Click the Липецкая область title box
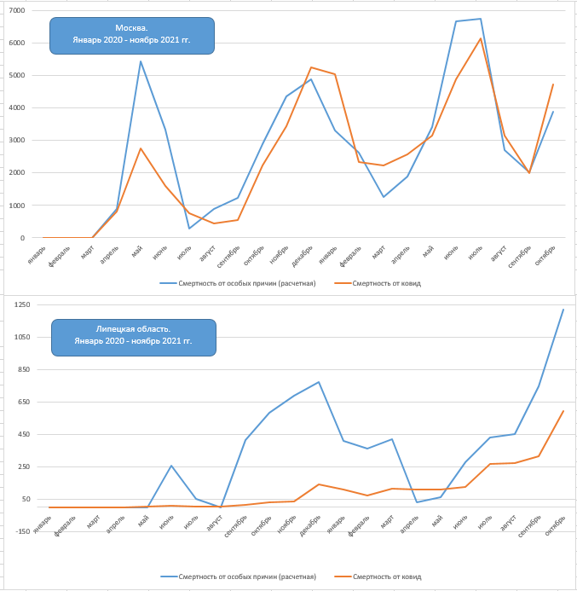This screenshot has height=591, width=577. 132,335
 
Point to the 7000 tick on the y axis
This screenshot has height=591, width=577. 17,10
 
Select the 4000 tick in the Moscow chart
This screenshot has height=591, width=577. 17,108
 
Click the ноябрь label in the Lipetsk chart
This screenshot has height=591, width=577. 289,523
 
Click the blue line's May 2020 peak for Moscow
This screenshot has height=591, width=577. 141,61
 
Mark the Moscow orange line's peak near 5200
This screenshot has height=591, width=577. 311,67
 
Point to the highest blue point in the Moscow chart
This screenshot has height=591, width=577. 481,19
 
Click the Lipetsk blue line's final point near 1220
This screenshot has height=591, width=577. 563,310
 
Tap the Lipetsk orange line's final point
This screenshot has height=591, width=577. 563,411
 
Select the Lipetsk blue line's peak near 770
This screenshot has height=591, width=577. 318,382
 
